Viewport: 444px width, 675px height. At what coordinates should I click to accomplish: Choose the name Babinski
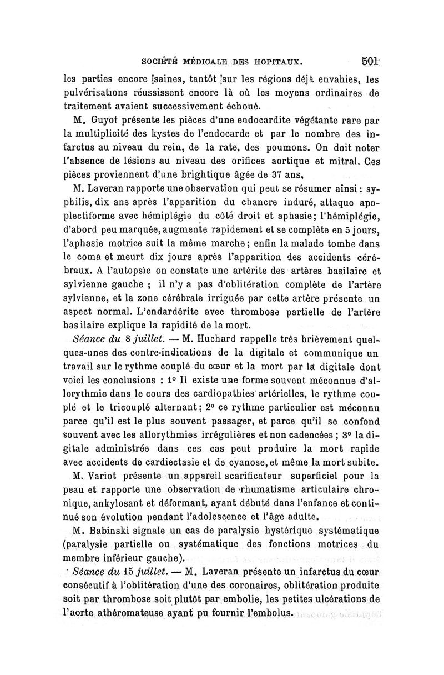point(115,530)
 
